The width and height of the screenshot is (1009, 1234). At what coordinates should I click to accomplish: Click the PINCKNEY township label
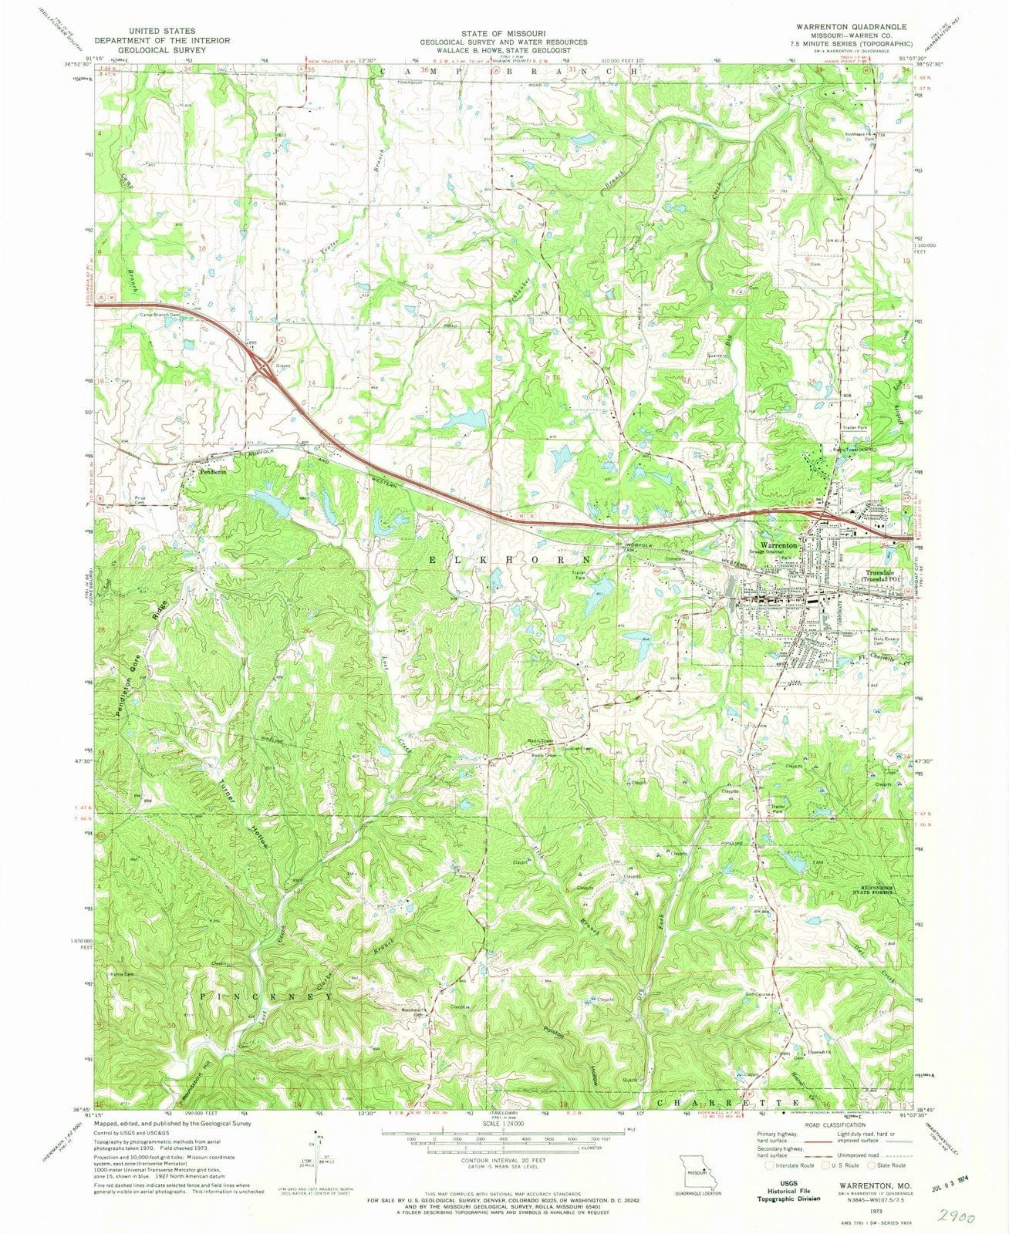(265, 996)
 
